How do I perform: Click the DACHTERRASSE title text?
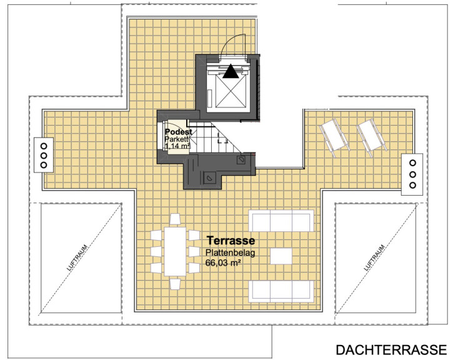[x=391, y=349]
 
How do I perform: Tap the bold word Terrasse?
[x=231, y=240]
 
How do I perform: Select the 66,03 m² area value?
[x=223, y=263]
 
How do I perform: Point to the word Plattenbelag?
[x=231, y=252]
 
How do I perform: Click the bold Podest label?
[x=178, y=132]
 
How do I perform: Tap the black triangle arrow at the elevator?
[x=231, y=71]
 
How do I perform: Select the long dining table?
[x=175, y=251]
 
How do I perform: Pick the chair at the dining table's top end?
[x=175, y=219]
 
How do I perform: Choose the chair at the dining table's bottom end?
[x=175, y=284]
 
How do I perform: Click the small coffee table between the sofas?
[x=281, y=256]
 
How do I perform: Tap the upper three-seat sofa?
[x=281, y=221]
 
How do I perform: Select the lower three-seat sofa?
[x=281, y=291]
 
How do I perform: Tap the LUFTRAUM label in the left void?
[x=77, y=257]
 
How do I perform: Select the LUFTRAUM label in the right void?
[x=374, y=257]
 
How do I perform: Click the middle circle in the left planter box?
[x=44, y=156]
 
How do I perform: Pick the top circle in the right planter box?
[x=412, y=163]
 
